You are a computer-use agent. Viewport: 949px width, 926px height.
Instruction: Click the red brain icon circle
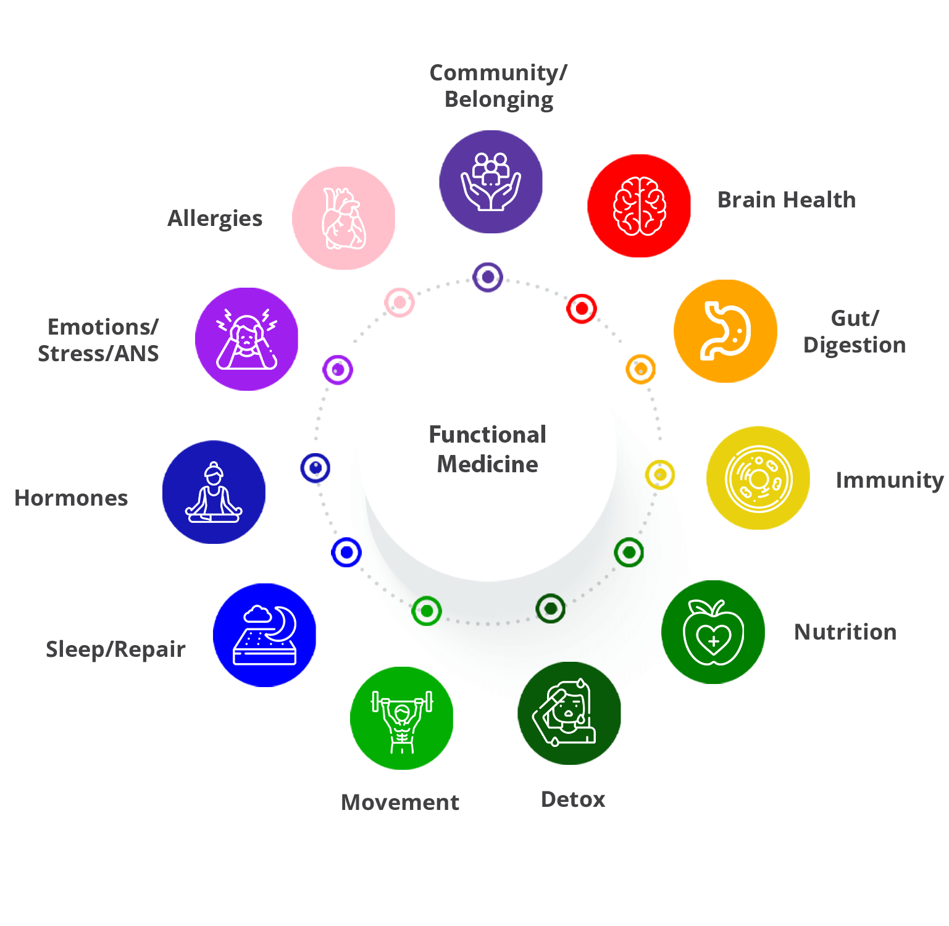click(x=639, y=206)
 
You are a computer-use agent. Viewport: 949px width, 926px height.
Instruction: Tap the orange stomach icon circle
click(x=725, y=331)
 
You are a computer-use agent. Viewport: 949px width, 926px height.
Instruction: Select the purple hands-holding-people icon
click(x=491, y=181)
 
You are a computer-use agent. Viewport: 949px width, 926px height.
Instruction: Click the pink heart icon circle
click(x=343, y=218)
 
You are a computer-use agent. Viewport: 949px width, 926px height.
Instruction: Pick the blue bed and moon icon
click(x=264, y=635)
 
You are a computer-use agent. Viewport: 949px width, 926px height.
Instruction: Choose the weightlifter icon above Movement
click(x=401, y=718)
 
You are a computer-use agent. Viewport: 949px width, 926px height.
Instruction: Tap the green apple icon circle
click(x=713, y=632)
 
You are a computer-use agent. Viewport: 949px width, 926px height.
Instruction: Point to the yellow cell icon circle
click(x=758, y=478)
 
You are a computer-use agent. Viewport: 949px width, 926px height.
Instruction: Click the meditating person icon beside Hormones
click(x=214, y=492)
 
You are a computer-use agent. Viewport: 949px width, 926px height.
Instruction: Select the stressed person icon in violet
click(x=246, y=339)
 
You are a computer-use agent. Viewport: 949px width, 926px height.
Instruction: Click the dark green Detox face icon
click(x=569, y=713)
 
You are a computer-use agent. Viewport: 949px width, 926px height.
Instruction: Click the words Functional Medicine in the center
click(x=487, y=449)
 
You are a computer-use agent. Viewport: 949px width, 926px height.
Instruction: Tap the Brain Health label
click(x=786, y=200)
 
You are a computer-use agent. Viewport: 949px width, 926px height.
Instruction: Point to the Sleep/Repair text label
click(x=115, y=649)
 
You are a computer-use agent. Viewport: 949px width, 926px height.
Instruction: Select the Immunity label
click(x=889, y=480)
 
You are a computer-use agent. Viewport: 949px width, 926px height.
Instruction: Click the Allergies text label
click(x=215, y=219)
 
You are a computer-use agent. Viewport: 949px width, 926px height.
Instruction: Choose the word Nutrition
click(x=845, y=632)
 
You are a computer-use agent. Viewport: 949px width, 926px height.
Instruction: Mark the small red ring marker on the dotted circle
click(x=582, y=308)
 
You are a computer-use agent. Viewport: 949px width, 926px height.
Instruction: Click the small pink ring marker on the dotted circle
click(x=399, y=302)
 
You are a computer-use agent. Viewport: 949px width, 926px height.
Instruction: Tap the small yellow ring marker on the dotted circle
click(x=660, y=475)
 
